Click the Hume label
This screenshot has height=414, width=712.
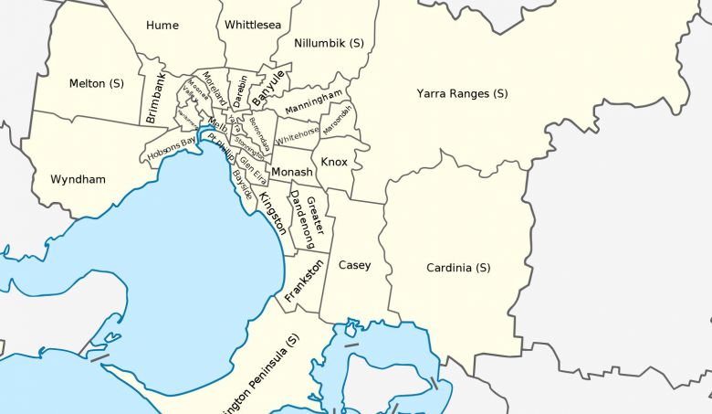click(162, 26)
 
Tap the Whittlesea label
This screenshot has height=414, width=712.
click(253, 26)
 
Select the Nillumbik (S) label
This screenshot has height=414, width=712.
click(330, 43)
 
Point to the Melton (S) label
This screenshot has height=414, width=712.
click(97, 83)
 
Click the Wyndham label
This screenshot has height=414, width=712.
click(78, 179)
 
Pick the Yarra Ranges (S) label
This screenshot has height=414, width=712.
click(462, 93)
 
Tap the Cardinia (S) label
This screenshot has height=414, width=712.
click(458, 268)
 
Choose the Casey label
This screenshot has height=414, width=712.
click(354, 265)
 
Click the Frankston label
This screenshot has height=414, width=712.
click(304, 281)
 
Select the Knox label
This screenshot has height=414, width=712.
click(334, 162)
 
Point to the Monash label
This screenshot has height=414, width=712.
click(292, 172)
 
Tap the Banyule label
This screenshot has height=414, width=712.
click(268, 85)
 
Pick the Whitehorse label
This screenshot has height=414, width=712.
click(298, 136)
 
